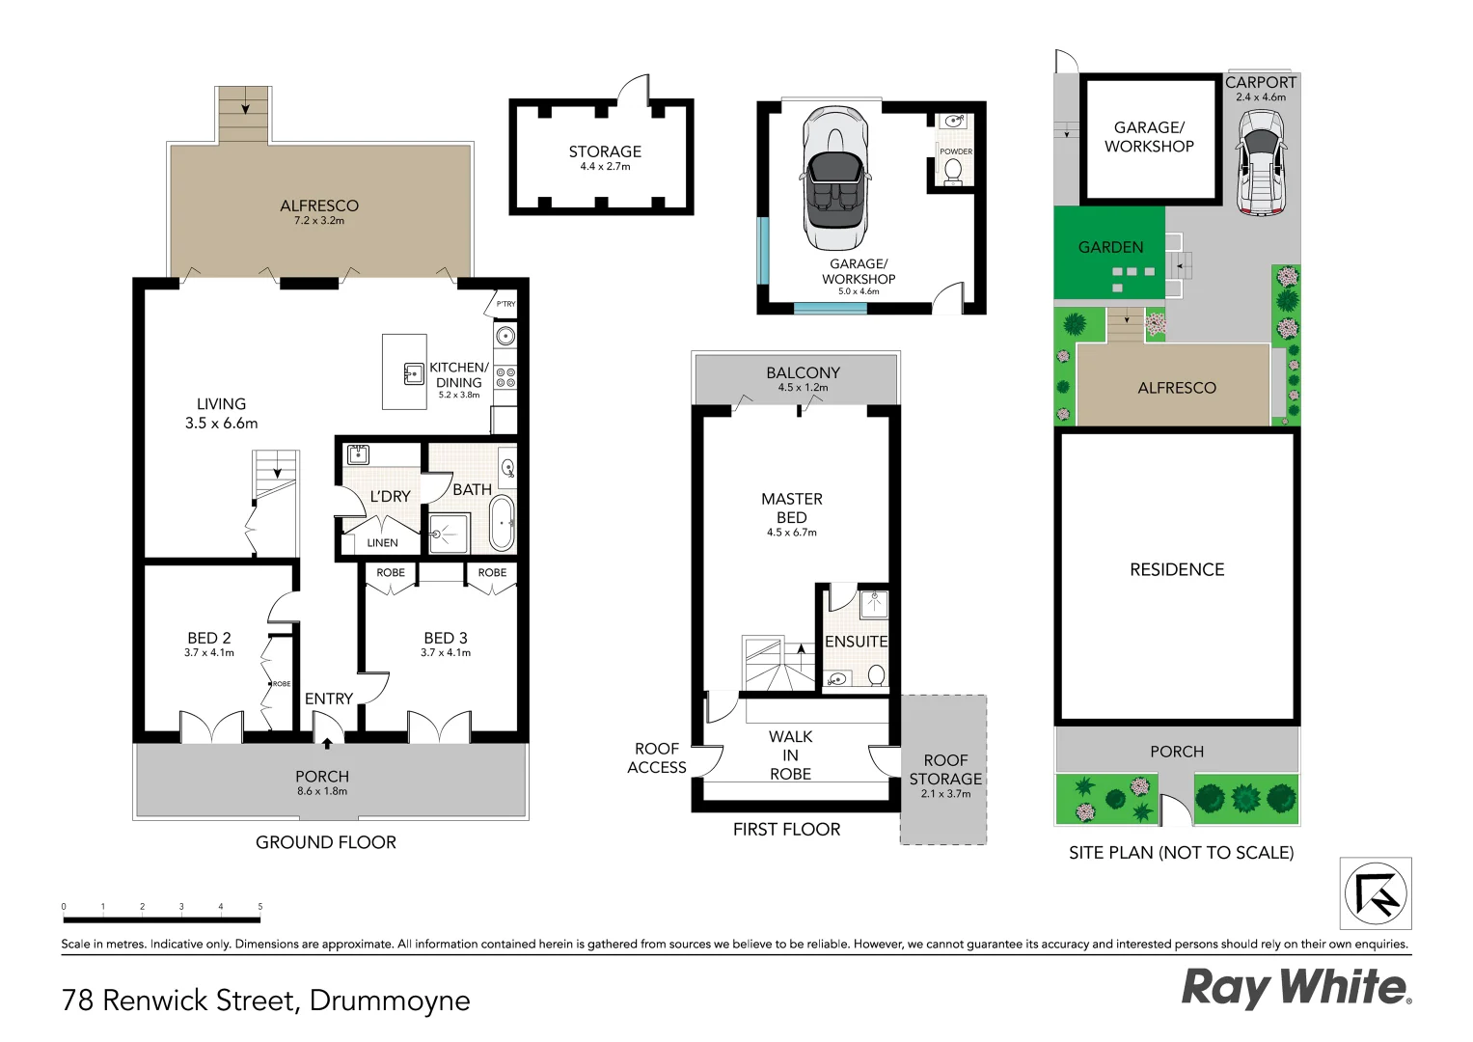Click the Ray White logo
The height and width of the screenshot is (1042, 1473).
1296,988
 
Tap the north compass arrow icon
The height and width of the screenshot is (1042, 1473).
1377,893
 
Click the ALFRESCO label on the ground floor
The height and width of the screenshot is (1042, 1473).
319,206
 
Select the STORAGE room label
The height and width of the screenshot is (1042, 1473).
605,151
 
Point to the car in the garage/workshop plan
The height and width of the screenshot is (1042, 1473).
835,179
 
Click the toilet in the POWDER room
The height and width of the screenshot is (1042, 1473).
953,171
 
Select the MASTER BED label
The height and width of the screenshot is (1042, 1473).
792,507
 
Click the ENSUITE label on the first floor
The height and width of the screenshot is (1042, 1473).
856,642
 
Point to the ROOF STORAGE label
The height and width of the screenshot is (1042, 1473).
945,770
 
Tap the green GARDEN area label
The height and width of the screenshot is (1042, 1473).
1111,248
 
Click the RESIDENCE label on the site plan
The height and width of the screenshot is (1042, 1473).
1177,570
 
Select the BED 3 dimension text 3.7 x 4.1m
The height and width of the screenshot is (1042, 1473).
446,653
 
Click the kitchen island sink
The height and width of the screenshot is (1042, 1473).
414,373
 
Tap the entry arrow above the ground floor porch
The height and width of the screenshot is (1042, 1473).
327,743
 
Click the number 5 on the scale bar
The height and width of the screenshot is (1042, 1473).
260,907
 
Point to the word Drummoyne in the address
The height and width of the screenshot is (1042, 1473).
390,1001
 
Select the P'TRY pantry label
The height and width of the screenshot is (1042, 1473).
505,304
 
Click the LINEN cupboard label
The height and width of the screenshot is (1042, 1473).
382,543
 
